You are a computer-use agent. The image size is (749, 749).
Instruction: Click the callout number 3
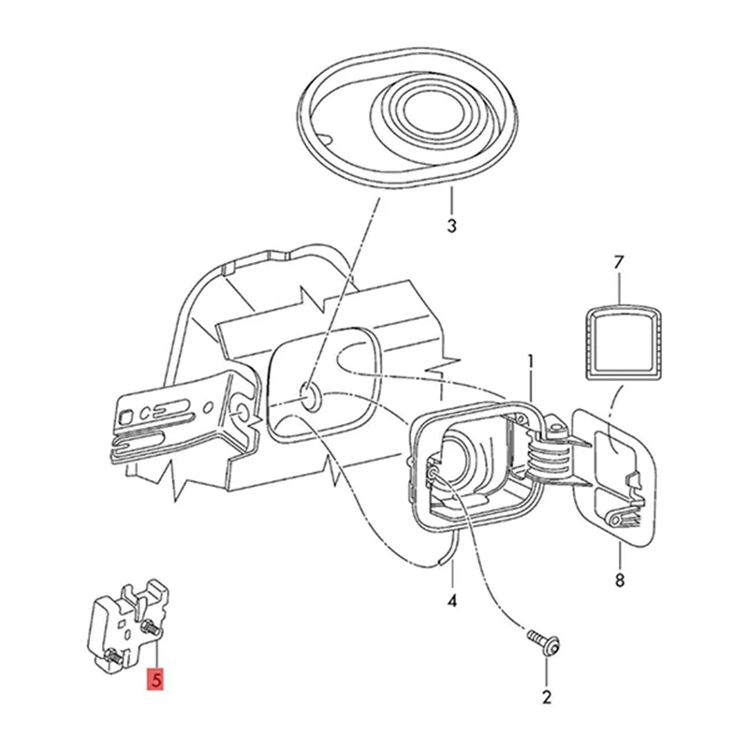[451, 226]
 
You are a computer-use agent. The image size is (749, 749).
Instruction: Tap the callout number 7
[618, 263]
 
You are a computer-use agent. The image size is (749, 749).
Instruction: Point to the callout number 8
[619, 580]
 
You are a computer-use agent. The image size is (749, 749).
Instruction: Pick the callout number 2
[547, 697]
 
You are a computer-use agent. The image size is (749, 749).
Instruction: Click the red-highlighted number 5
[153, 679]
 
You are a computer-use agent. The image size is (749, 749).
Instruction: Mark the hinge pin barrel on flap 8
[612, 517]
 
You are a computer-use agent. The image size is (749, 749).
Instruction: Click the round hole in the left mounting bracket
[241, 412]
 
